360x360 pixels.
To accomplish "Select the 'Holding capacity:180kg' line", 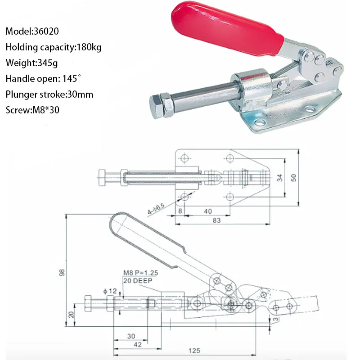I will (x=53, y=47).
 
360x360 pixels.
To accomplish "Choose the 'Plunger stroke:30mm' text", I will (x=49, y=94).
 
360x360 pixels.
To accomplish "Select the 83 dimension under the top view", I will (x=217, y=220).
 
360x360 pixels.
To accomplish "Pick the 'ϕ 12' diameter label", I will (x=110, y=291).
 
